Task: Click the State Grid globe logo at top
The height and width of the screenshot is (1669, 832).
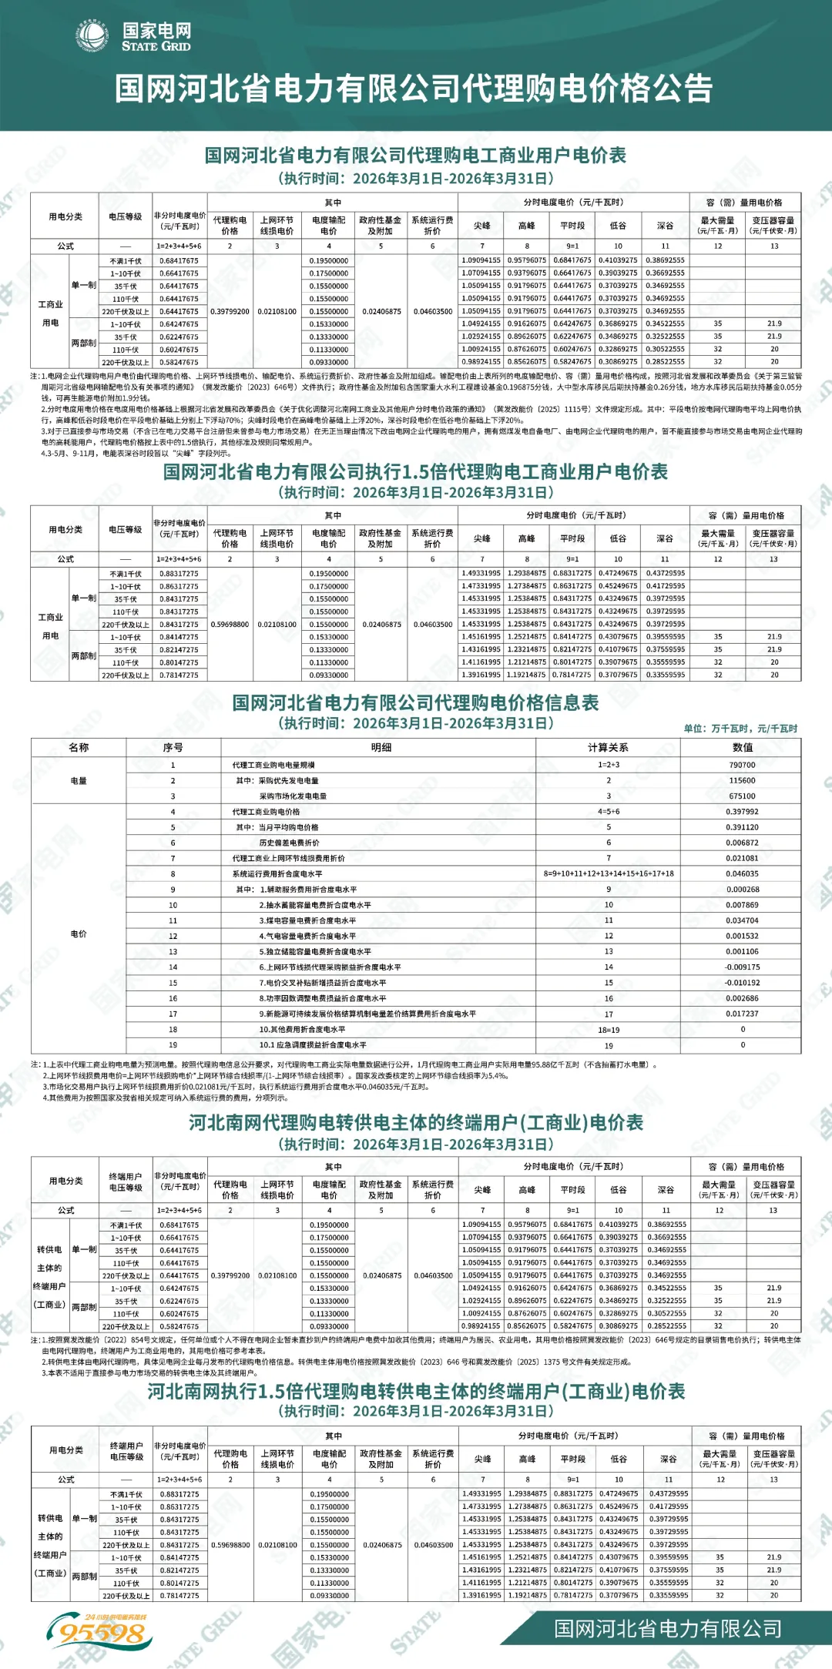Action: pyautogui.click(x=92, y=36)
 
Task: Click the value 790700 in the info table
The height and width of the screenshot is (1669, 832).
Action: pyautogui.click(x=742, y=765)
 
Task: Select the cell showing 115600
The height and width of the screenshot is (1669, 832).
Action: pyautogui.click(x=742, y=780)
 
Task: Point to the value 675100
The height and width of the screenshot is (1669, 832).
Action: pyautogui.click(x=742, y=796)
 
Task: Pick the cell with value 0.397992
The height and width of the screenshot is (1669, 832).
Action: pyautogui.click(x=742, y=812)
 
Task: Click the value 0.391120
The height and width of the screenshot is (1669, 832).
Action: pyautogui.click(x=742, y=827)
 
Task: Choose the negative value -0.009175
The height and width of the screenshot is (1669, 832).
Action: pyautogui.click(x=742, y=967)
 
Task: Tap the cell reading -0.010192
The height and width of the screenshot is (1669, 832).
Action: pyautogui.click(x=742, y=983)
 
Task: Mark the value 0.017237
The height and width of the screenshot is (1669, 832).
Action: pyautogui.click(x=742, y=1014)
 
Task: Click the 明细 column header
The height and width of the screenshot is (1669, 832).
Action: pyautogui.click(x=381, y=747)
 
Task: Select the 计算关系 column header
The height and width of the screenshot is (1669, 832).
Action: pyautogui.click(x=608, y=747)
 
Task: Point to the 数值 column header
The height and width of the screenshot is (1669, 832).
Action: pyautogui.click(x=742, y=747)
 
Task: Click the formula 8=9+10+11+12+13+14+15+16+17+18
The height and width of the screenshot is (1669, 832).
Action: pyautogui.click(x=608, y=874)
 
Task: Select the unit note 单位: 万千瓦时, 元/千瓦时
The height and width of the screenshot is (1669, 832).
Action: pyautogui.click(x=740, y=729)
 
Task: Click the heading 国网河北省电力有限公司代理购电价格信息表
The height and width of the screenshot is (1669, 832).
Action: pyautogui.click(x=415, y=702)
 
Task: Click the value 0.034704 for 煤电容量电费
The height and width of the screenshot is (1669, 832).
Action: pyautogui.click(x=742, y=920)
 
